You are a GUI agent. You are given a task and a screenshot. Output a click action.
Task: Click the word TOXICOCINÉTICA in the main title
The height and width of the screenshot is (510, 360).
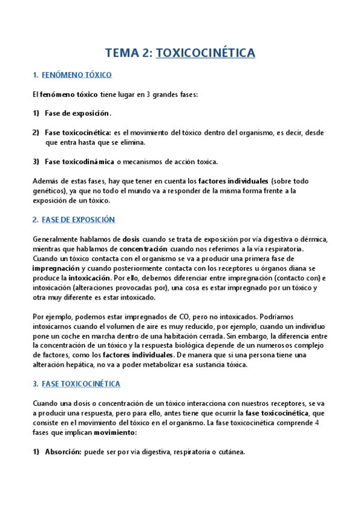206,53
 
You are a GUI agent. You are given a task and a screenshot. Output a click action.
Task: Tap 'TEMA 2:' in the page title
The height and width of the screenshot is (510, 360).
128,53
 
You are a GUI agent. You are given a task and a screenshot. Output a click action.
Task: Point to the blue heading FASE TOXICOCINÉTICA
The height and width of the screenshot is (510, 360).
82,384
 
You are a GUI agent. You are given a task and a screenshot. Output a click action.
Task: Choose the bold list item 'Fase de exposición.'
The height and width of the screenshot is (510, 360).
78,113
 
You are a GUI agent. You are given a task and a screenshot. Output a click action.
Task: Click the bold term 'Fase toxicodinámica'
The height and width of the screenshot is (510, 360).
79,162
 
